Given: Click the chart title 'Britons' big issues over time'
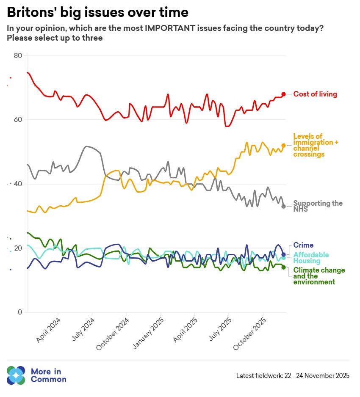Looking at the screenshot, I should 97,12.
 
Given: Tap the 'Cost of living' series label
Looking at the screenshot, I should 315,94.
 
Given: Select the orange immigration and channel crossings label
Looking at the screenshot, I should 316,145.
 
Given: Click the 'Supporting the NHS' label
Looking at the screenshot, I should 318,206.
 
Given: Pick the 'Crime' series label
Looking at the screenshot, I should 303,245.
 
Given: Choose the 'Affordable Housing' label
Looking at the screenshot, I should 311,258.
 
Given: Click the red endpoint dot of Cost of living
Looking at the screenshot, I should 284,94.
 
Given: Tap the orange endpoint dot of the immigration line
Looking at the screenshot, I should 284,146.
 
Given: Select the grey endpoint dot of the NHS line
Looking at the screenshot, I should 284,206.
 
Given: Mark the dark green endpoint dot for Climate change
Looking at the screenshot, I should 284,267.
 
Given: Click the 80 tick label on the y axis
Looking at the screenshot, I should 18,55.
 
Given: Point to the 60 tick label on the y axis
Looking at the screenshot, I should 18,120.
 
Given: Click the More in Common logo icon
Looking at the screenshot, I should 16,375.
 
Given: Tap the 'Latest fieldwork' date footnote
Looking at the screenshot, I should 293,375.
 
